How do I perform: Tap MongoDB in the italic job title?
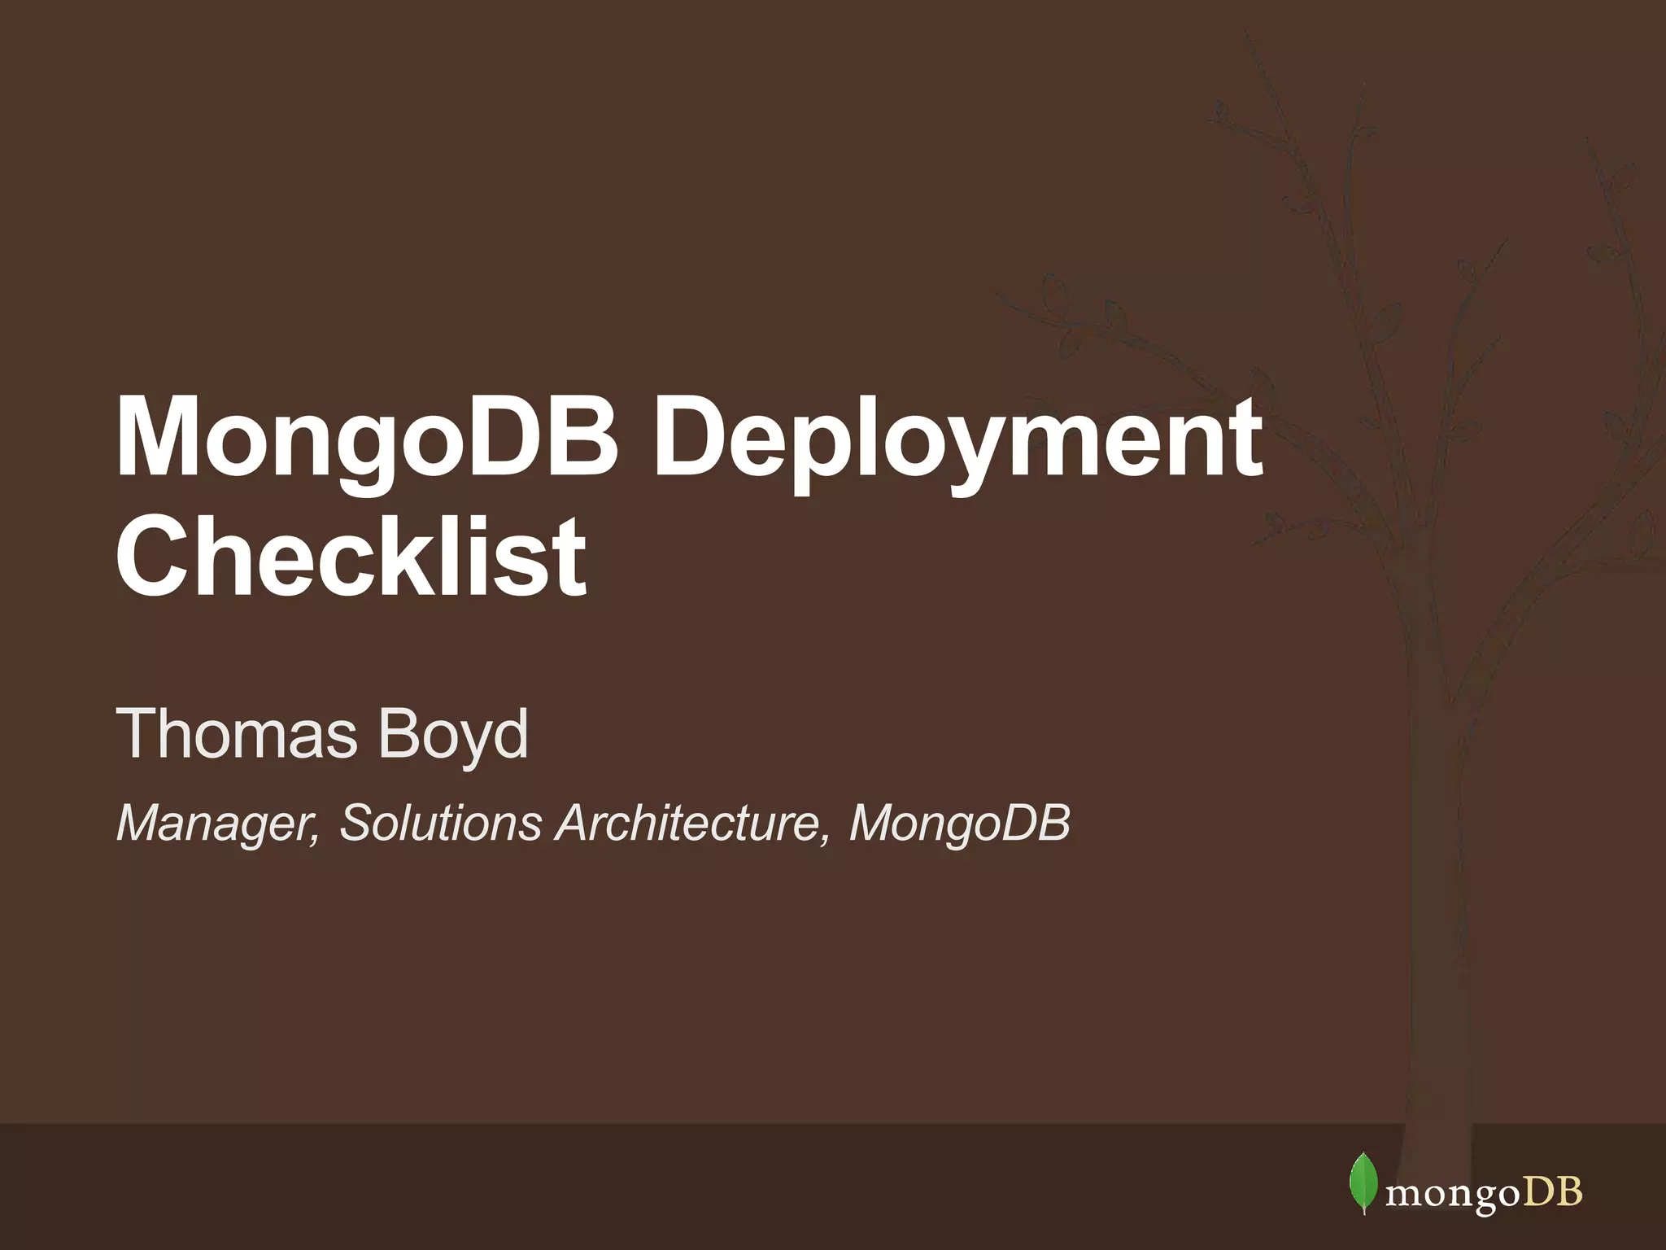click(x=960, y=824)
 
